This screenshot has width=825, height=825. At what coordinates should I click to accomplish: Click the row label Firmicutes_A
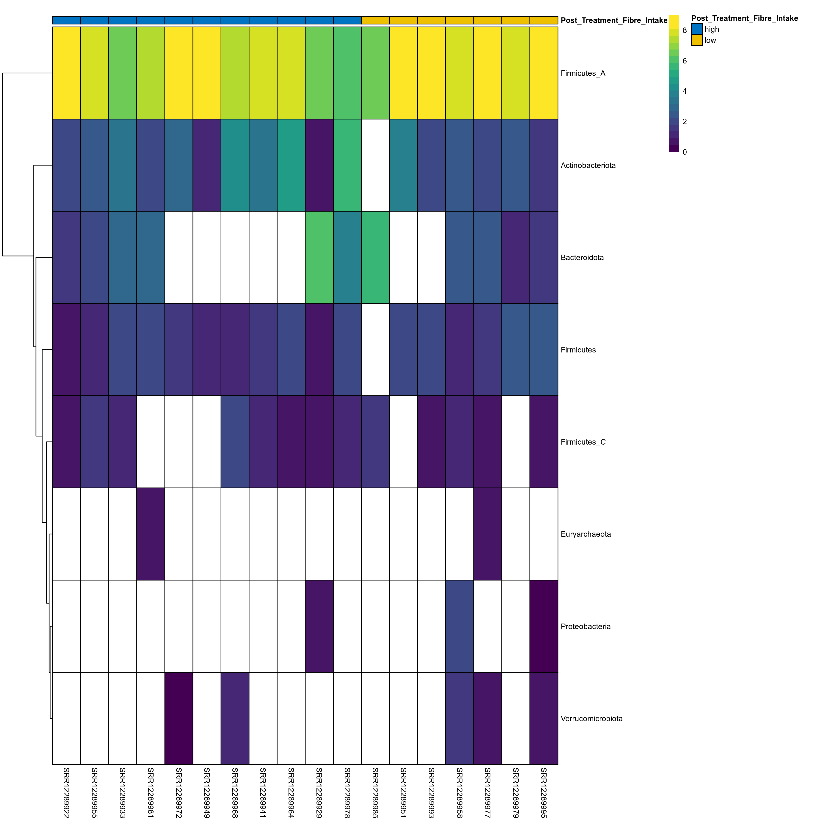tap(583, 73)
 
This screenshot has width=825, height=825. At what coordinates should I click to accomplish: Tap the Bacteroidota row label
tap(582, 258)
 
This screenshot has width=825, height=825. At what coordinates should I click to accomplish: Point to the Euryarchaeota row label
tap(586, 534)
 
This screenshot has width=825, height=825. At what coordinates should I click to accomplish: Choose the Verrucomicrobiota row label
tap(591, 719)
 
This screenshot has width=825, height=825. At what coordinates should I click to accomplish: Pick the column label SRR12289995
tap(544, 792)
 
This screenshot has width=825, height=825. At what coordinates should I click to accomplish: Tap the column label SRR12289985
tap(375, 792)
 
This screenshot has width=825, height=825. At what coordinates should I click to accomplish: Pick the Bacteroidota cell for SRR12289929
tap(319, 258)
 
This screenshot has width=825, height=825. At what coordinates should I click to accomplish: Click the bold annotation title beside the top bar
tap(614, 20)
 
